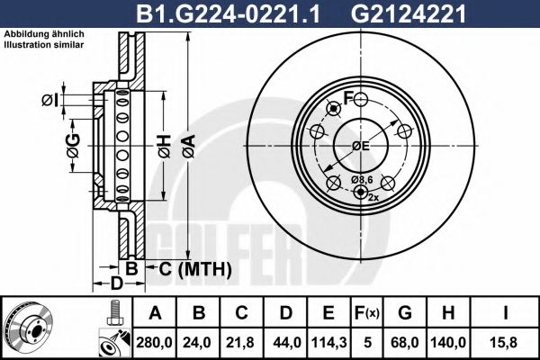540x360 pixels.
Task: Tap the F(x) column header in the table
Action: point(368,313)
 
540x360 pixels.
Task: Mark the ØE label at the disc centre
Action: point(361,146)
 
